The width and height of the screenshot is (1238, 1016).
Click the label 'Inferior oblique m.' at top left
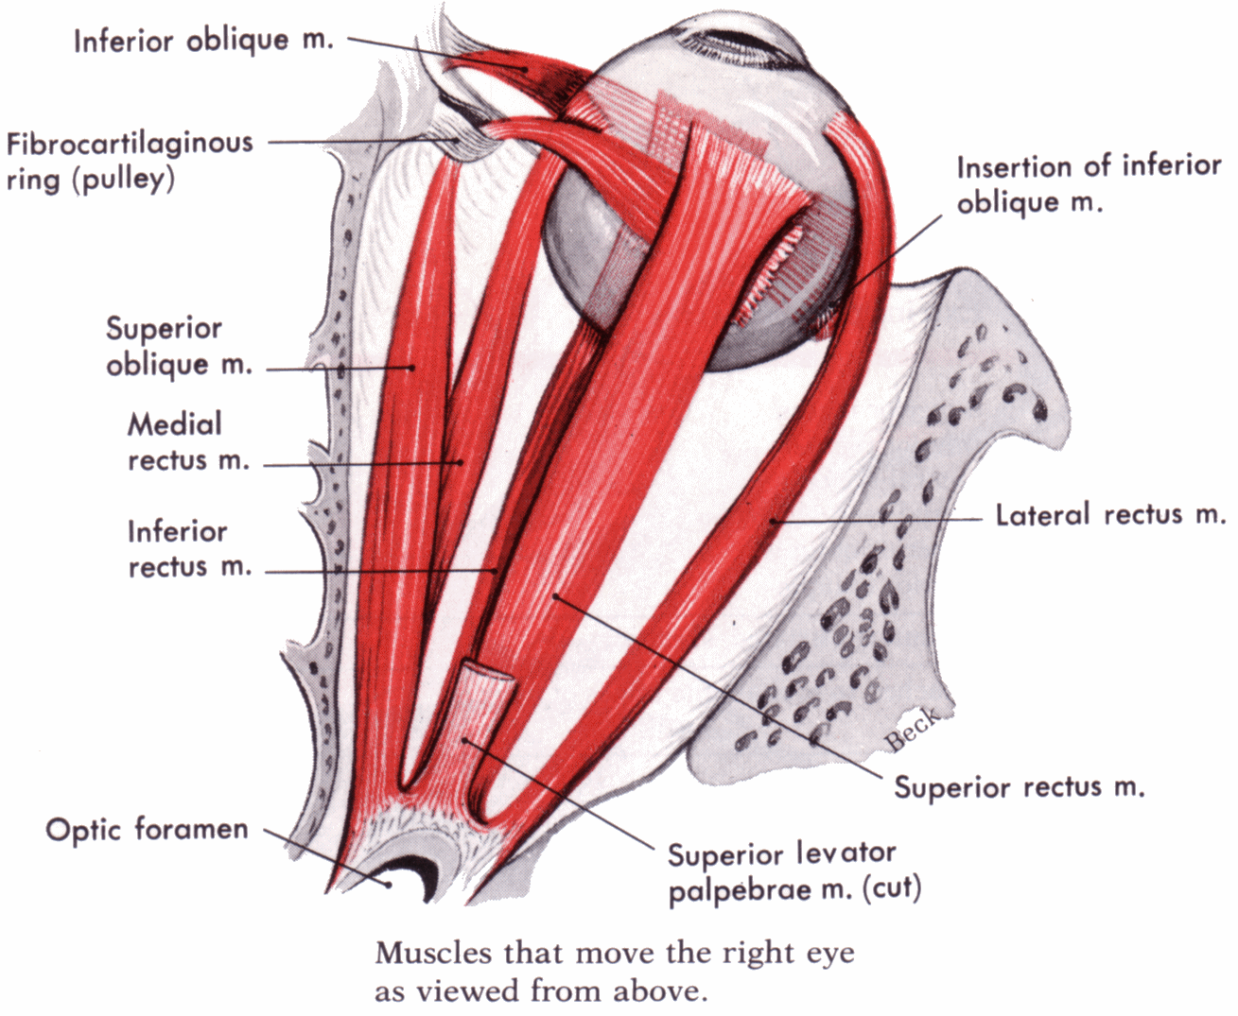203,42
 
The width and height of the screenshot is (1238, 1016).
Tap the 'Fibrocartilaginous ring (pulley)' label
130,161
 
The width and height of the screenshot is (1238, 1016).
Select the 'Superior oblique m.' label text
178,346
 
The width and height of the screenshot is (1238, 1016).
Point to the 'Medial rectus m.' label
187,441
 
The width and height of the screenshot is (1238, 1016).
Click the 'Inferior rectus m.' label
189,548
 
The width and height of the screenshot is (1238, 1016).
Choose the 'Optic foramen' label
147,830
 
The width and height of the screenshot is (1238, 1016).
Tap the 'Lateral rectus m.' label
1110,515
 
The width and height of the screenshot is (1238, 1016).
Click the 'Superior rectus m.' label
1020,787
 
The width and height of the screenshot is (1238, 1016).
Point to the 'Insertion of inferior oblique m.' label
1089,184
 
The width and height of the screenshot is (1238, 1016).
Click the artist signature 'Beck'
913,729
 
